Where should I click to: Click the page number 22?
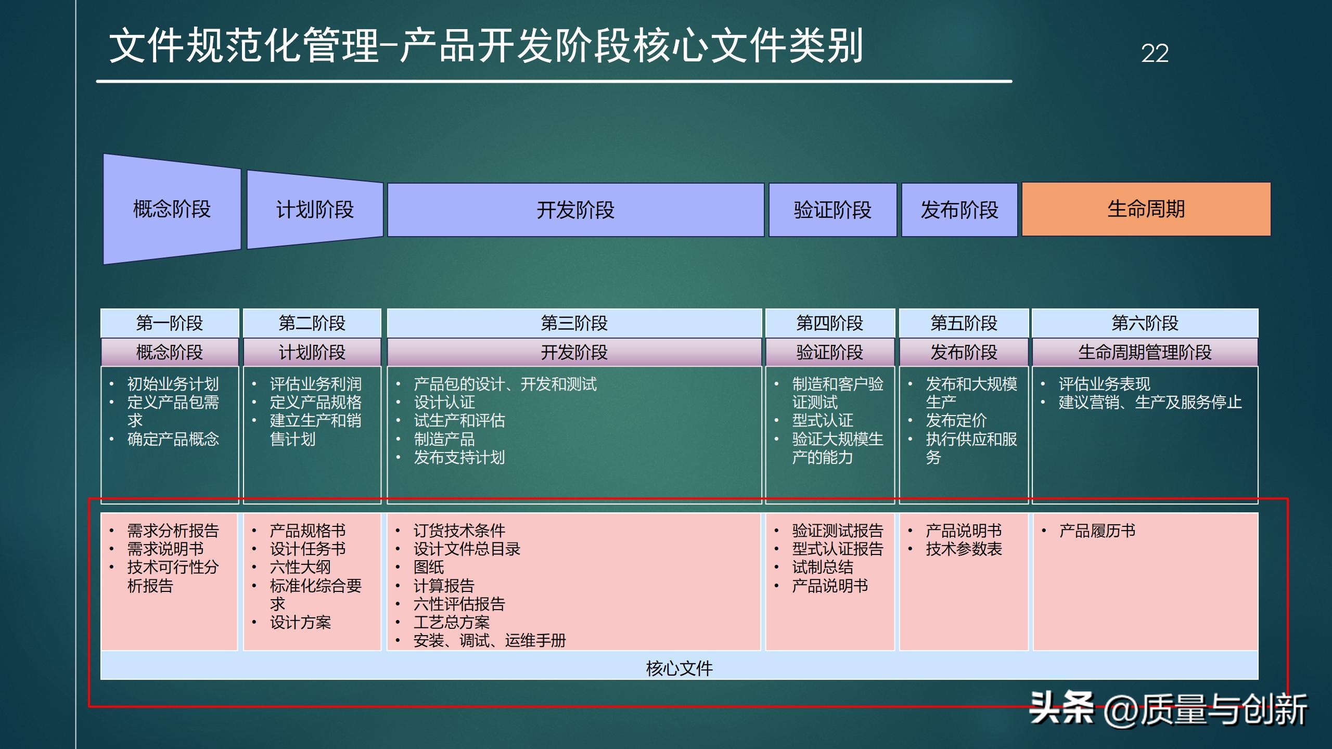[x=1155, y=53]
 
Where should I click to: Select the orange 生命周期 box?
[x=1146, y=209]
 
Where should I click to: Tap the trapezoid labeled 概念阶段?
[x=172, y=209]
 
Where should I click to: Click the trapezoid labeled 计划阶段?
[x=315, y=210]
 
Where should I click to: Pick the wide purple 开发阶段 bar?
[x=575, y=210]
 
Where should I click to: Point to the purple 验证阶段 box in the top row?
[x=832, y=210]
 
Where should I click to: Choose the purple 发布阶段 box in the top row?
[x=959, y=210]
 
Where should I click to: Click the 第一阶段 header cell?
[x=170, y=323]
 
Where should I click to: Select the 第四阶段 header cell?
[x=830, y=323]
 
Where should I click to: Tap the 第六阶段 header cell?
[x=1145, y=323]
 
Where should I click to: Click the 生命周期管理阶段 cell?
[x=1145, y=352]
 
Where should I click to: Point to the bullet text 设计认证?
[x=444, y=402]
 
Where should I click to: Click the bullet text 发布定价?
[x=956, y=420]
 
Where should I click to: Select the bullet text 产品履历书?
[x=1097, y=531]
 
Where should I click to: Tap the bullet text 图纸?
[x=429, y=567]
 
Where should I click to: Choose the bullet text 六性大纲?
[x=300, y=567]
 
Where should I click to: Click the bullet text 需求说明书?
[x=165, y=549]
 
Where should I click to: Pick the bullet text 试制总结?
[x=823, y=567]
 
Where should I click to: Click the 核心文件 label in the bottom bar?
[x=679, y=668]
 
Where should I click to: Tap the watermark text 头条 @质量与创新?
[x=1168, y=709]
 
